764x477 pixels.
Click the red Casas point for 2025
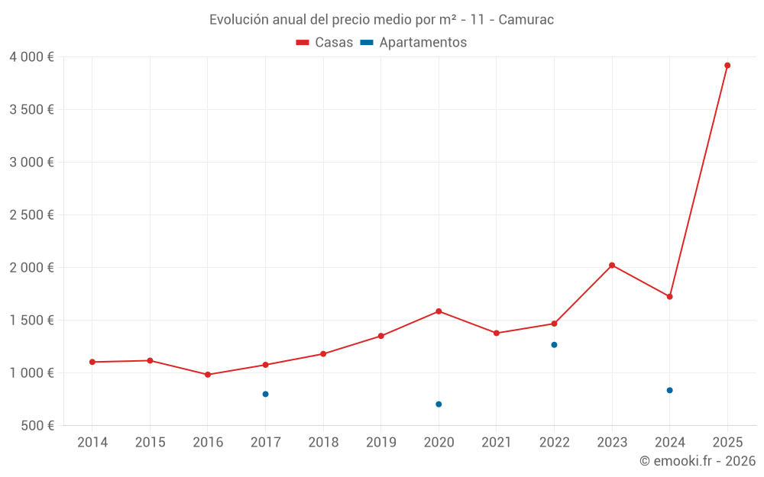(727, 66)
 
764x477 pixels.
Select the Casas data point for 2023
(612, 265)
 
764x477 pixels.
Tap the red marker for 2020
(439, 311)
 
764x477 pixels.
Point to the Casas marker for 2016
(208, 375)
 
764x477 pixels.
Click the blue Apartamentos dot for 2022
(554, 345)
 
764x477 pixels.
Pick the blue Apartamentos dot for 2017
(265, 394)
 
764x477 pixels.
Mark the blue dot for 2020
(439, 404)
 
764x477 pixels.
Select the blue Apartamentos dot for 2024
(669, 390)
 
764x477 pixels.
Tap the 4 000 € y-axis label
(31, 57)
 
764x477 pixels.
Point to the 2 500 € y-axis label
(31, 215)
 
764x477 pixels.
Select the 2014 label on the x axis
(92, 443)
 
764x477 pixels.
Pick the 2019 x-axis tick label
(381, 443)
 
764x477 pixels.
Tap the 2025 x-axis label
(727, 443)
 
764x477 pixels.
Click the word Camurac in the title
(526, 20)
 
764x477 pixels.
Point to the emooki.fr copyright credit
(697, 461)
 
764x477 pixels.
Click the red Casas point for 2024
(669, 296)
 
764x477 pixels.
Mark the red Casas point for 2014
(92, 362)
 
